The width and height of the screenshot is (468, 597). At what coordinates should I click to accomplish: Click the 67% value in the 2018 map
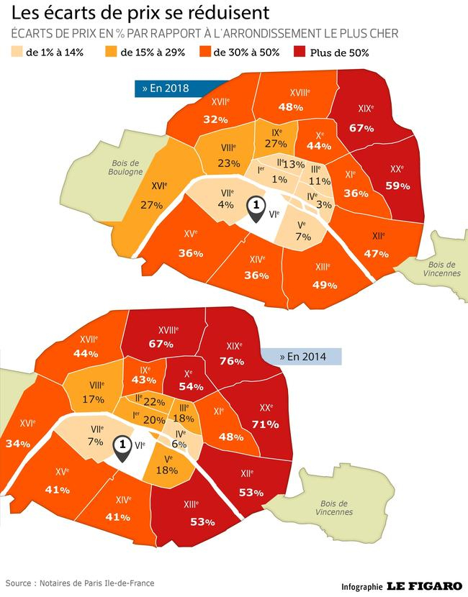pyautogui.click(x=361, y=128)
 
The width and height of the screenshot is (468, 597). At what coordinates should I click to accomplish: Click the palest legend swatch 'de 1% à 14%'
pyautogui.click(x=15, y=52)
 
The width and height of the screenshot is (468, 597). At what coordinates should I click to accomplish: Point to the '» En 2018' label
pyautogui.click(x=165, y=88)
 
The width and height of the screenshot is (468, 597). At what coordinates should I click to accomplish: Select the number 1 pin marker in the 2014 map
pyautogui.click(x=123, y=446)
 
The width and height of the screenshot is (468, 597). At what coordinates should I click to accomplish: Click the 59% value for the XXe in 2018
pyautogui.click(x=397, y=186)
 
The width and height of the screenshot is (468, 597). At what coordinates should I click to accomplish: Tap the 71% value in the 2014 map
pyautogui.click(x=265, y=424)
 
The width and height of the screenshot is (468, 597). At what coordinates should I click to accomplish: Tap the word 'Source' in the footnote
pyautogui.click(x=19, y=583)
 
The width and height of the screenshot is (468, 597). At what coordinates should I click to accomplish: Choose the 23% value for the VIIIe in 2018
pyautogui.click(x=228, y=163)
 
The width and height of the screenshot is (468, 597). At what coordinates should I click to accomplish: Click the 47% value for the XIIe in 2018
pyautogui.click(x=376, y=253)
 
